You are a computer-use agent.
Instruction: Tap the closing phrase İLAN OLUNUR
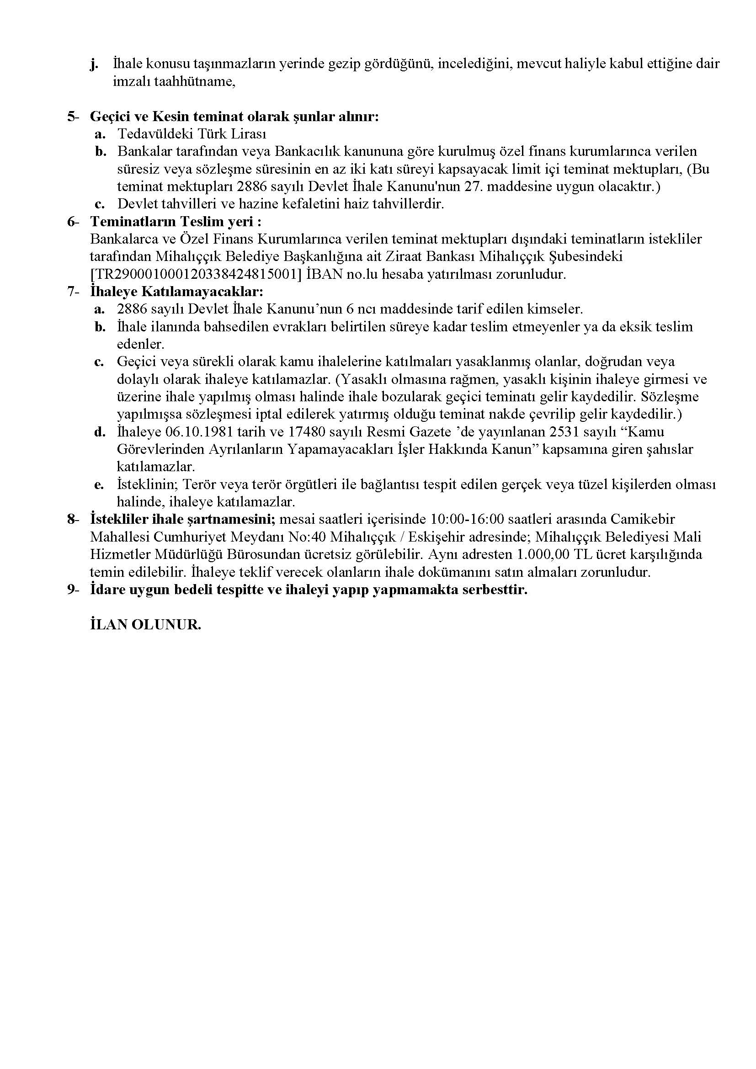(145, 625)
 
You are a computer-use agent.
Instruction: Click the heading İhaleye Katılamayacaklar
(177, 292)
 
